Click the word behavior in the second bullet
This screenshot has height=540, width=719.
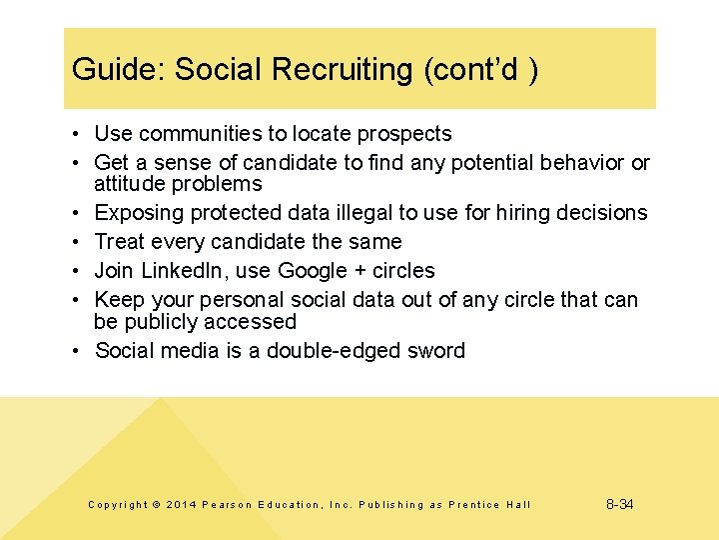(x=580, y=163)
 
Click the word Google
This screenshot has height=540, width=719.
(x=310, y=271)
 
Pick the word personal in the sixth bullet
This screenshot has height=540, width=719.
(x=239, y=300)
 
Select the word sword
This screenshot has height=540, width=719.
(x=435, y=351)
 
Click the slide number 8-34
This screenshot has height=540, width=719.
(x=620, y=504)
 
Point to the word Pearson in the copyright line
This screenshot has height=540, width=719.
(x=228, y=505)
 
